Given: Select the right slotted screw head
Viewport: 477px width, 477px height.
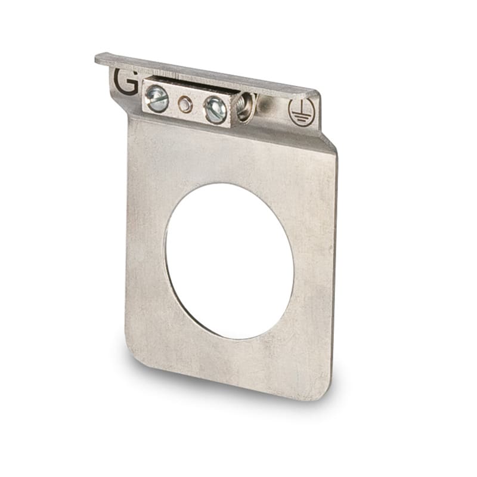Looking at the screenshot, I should click(215, 110).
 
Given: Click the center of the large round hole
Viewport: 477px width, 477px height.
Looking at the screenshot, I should click(230, 261).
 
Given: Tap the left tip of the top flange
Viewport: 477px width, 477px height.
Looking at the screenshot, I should click(98, 58).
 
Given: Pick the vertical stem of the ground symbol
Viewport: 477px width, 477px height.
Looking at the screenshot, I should click(301, 107).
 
